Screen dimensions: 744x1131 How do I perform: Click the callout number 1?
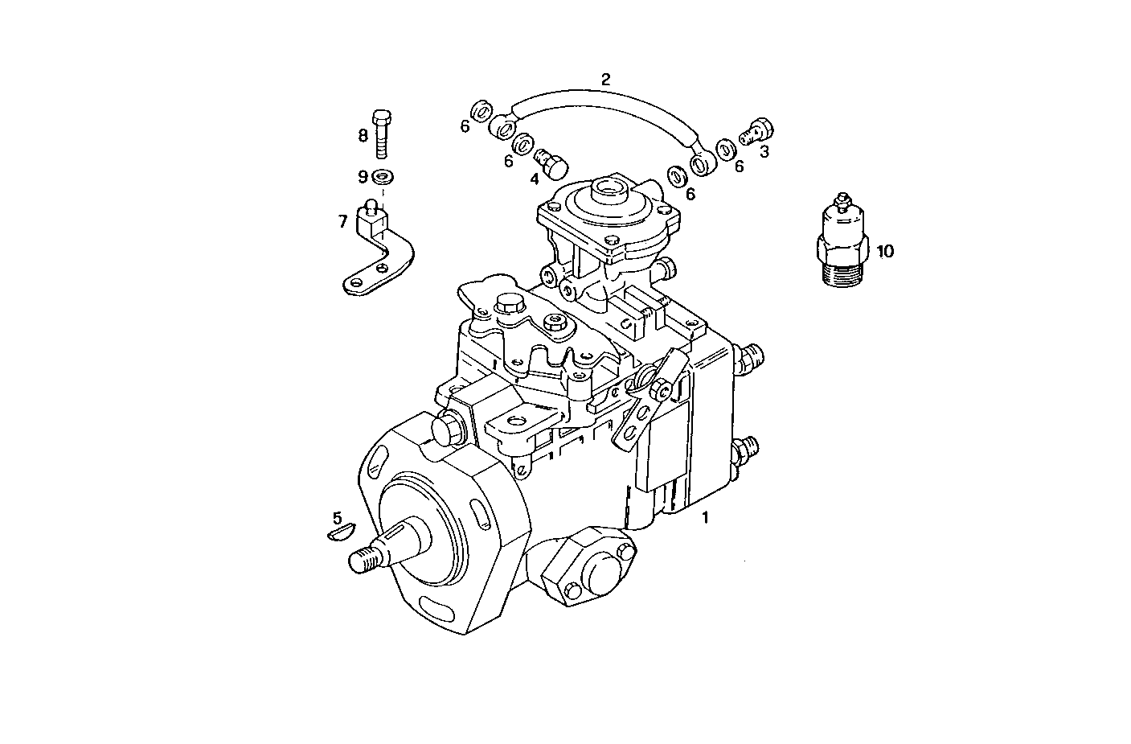click(706, 517)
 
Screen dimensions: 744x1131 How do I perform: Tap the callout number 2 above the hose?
click(606, 79)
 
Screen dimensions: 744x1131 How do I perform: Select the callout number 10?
click(884, 251)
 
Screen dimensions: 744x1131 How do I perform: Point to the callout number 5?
click(338, 517)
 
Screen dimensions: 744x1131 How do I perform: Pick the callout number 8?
click(363, 135)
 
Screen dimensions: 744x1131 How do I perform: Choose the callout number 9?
click(363, 176)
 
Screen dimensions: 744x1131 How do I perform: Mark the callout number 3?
click(764, 150)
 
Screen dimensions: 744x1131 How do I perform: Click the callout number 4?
click(534, 179)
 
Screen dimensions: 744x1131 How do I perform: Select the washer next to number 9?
click(383, 177)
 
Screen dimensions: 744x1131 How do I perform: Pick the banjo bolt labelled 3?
click(756, 131)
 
